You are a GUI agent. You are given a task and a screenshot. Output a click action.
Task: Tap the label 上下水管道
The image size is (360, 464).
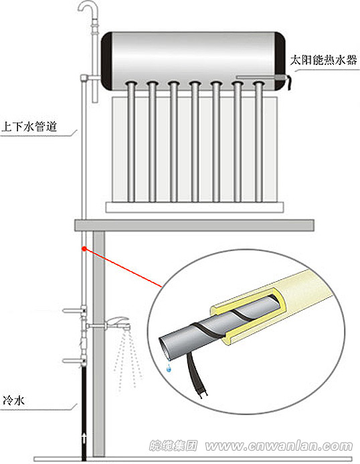point(27,126)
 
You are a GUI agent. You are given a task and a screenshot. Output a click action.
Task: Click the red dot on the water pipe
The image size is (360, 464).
point(84,249)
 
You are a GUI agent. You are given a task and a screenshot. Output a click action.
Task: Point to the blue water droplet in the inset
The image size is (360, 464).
point(169,368)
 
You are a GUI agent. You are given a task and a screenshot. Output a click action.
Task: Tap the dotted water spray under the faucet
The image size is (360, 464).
point(127,362)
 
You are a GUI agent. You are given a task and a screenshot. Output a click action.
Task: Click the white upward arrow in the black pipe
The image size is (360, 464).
point(83,439)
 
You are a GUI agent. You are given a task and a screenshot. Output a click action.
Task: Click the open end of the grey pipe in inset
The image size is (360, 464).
point(164,345)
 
